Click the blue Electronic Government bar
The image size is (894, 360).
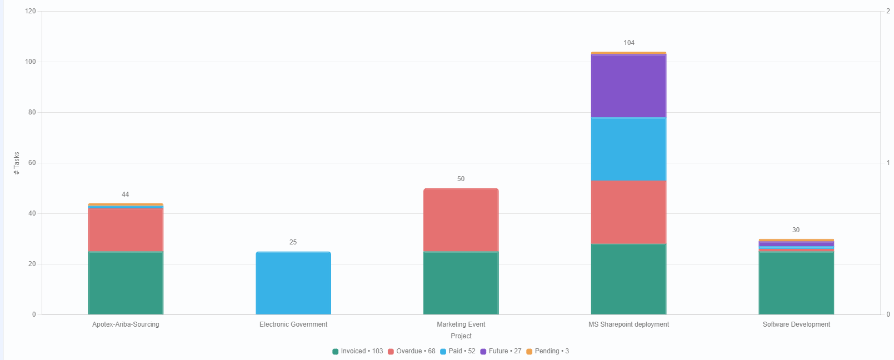click(x=293, y=283)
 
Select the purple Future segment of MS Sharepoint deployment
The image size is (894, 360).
click(x=628, y=86)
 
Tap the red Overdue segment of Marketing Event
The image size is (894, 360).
click(x=461, y=220)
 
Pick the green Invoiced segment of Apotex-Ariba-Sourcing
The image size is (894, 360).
click(x=126, y=283)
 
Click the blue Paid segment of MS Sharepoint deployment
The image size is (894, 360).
click(x=628, y=149)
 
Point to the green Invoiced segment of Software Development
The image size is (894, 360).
click(x=796, y=283)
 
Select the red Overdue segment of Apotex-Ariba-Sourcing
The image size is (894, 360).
click(x=126, y=230)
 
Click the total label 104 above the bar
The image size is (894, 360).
click(x=629, y=43)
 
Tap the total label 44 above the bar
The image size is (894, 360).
click(x=126, y=194)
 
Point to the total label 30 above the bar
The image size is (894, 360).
click(x=796, y=230)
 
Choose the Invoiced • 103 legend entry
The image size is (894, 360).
click(x=358, y=351)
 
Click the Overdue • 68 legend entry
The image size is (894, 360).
click(x=412, y=351)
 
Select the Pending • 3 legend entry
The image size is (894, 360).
click(x=548, y=351)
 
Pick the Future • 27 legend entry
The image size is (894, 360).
click(x=501, y=351)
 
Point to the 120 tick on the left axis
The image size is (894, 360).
click(x=30, y=11)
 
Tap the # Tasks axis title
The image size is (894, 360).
click(x=17, y=163)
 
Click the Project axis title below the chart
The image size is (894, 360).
click(x=461, y=336)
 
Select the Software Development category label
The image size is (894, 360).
click(x=796, y=324)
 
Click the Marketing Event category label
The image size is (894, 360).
click(x=461, y=324)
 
